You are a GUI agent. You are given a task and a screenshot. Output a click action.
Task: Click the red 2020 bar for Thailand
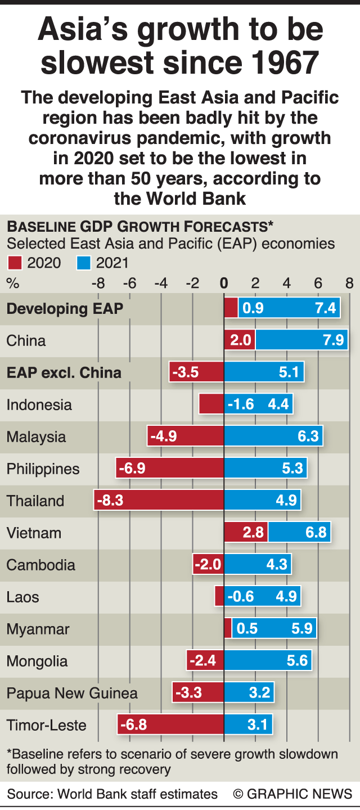[159, 501]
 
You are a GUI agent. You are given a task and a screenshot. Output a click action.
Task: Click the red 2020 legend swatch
[14, 262]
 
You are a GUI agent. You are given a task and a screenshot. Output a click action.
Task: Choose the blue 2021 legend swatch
[84, 262]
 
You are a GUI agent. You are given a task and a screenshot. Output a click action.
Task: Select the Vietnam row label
[34, 533]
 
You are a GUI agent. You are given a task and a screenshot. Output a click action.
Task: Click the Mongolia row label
[37, 661]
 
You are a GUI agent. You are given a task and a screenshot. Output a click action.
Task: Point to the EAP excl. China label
[64, 372]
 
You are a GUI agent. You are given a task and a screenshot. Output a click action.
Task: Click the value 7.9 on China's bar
[331, 341]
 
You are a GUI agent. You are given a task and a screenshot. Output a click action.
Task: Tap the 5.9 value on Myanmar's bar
[301, 629]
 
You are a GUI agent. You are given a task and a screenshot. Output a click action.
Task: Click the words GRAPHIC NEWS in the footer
[299, 794]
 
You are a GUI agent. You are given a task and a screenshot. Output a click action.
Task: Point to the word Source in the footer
[26, 794]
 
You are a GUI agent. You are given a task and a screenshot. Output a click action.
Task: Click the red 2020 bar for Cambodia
[208, 565]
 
